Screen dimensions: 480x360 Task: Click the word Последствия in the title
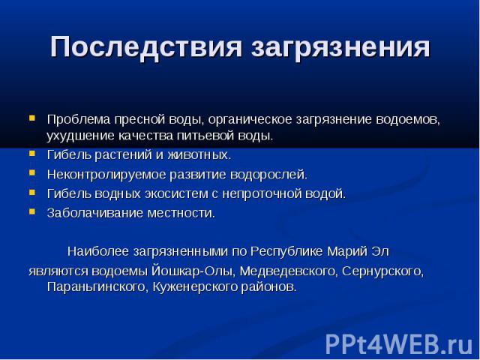coord(146,46)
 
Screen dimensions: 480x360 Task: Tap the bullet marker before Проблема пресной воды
coord(32,118)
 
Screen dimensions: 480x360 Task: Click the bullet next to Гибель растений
coord(32,153)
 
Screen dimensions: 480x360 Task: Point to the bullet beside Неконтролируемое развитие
coord(32,173)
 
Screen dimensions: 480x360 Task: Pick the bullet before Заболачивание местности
coord(32,211)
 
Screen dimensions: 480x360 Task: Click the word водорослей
coord(268,175)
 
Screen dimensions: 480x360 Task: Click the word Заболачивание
coord(95,213)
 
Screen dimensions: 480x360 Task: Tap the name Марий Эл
coord(358,252)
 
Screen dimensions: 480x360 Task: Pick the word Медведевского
coord(288,271)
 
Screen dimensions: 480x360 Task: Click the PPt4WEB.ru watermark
coord(399,344)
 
